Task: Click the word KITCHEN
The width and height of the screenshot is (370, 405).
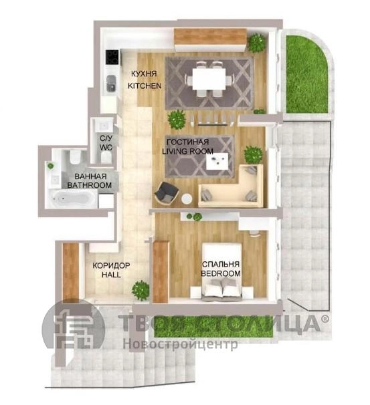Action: click(x=145, y=86)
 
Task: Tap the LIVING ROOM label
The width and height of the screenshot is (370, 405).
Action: click(x=188, y=151)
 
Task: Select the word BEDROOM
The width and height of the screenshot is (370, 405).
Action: click(x=221, y=273)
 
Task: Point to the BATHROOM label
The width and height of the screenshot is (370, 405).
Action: click(x=90, y=185)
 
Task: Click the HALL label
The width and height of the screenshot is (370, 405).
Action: click(x=111, y=275)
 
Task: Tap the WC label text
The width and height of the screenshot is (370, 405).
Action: click(x=106, y=148)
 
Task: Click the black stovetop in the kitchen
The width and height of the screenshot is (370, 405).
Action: click(x=112, y=57)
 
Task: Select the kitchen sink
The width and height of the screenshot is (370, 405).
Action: click(x=112, y=83)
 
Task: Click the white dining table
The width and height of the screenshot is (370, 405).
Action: click(x=209, y=78)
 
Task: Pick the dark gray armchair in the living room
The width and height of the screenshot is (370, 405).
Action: click(x=167, y=194)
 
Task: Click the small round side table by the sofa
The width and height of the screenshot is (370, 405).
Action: click(x=186, y=199)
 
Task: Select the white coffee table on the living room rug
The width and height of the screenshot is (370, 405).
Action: click(x=217, y=161)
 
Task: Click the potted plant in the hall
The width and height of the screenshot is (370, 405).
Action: click(x=141, y=290)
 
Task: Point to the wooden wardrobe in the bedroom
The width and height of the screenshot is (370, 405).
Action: click(x=161, y=271)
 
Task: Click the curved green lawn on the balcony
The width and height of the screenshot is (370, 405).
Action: click(x=306, y=74)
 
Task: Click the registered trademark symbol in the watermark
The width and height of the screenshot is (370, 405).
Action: click(x=325, y=319)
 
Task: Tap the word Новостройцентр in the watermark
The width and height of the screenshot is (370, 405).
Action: click(x=180, y=344)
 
